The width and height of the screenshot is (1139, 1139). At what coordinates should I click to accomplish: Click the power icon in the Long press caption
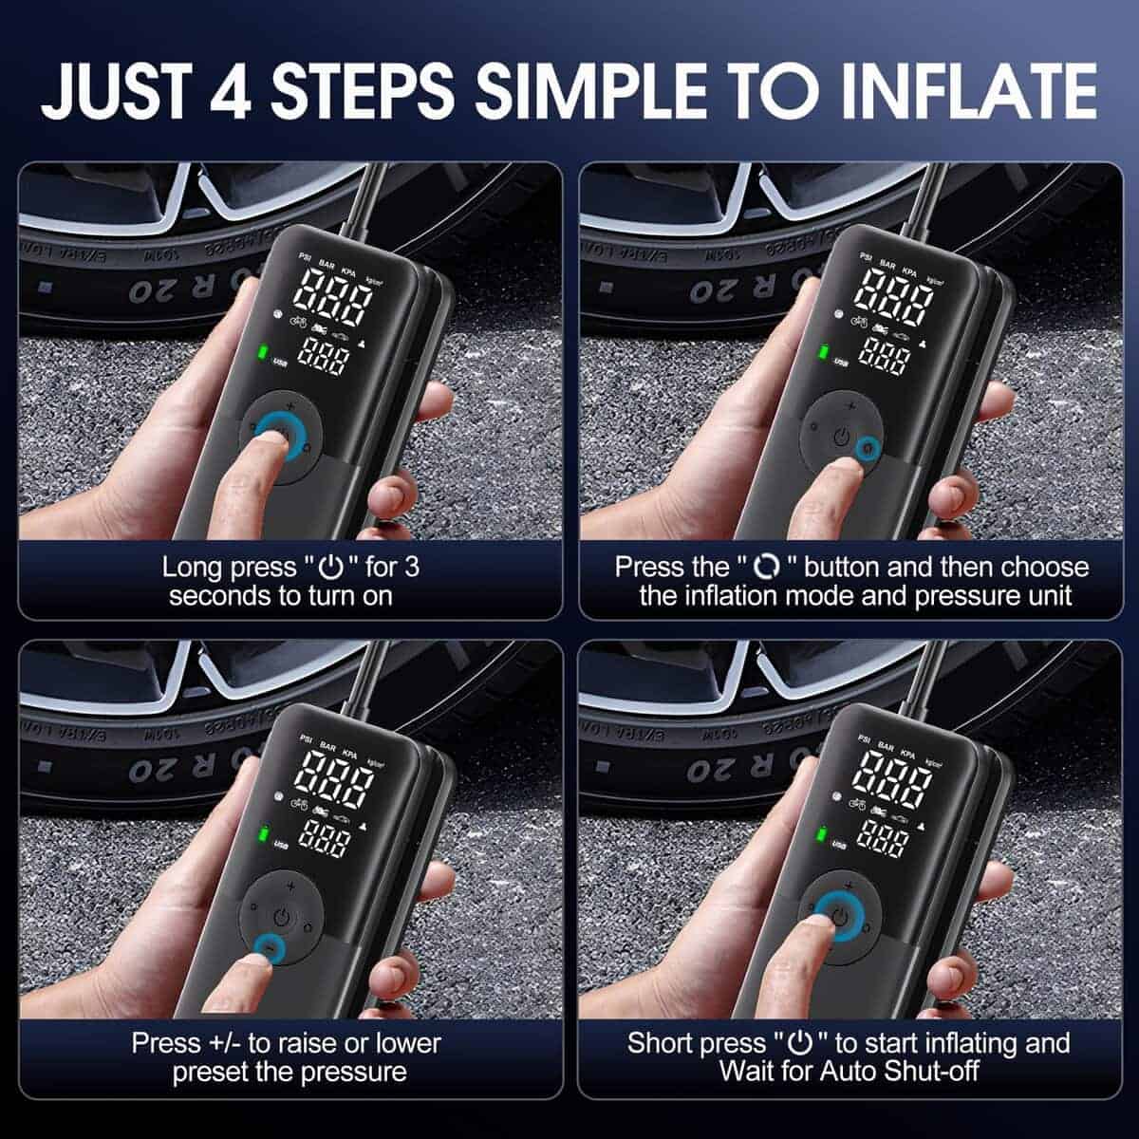(x=329, y=568)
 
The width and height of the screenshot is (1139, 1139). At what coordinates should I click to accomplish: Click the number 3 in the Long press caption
(x=411, y=568)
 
